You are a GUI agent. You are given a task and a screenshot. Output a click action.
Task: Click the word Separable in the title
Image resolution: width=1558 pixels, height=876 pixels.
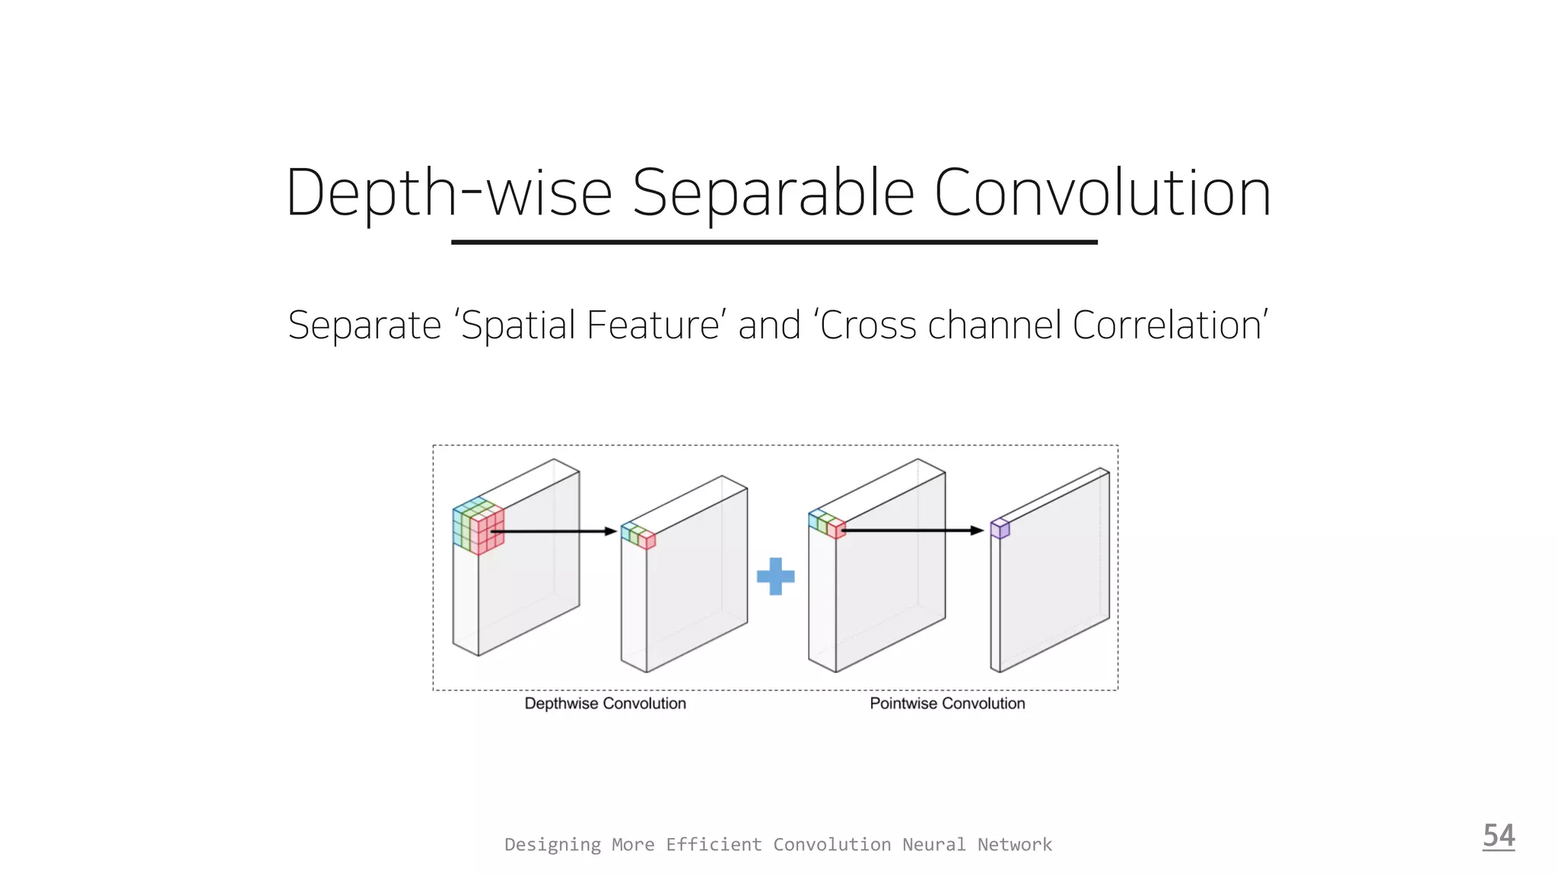pyautogui.click(x=773, y=194)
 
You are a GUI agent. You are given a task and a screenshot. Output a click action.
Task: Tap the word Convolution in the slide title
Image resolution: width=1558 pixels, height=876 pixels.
pyautogui.click(x=1102, y=194)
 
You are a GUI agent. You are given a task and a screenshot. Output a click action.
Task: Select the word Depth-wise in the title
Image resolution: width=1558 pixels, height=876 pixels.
pyautogui.click(x=449, y=194)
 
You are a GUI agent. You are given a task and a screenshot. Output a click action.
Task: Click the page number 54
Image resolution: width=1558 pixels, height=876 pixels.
pyautogui.click(x=1499, y=836)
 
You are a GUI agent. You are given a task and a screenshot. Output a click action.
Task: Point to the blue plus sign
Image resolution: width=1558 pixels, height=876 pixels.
pyautogui.click(x=775, y=576)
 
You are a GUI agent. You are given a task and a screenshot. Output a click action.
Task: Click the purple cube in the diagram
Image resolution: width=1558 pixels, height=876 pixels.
pyautogui.click(x=1000, y=528)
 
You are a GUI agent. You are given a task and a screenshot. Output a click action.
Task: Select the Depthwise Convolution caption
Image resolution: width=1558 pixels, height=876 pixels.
pyautogui.click(x=605, y=703)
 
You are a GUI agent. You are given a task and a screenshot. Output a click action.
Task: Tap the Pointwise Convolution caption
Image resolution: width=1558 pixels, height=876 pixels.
pyautogui.click(x=947, y=703)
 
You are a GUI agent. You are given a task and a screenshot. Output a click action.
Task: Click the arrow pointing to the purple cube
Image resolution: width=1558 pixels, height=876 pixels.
pyautogui.click(x=913, y=530)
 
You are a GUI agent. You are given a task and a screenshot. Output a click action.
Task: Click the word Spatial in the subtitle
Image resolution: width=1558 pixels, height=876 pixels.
pyautogui.click(x=518, y=325)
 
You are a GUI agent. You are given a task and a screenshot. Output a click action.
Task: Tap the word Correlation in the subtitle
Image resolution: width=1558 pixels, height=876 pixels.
pyautogui.click(x=1169, y=325)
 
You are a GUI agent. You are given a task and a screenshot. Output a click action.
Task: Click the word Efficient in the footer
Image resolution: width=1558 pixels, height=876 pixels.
pyautogui.click(x=714, y=845)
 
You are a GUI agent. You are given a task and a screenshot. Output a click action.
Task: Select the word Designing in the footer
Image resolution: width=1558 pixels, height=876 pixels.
pyautogui.click(x=552, y=845)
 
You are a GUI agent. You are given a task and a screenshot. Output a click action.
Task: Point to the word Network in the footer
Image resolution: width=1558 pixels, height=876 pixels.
pyautogui.click(x=1015, y=845)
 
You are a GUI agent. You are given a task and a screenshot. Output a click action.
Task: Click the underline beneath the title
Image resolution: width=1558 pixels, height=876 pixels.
pyautogui.click(x=774, y=243)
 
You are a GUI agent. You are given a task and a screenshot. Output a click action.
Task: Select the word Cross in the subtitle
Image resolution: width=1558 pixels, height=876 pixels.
pyautogui.click(x=868, y=325)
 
